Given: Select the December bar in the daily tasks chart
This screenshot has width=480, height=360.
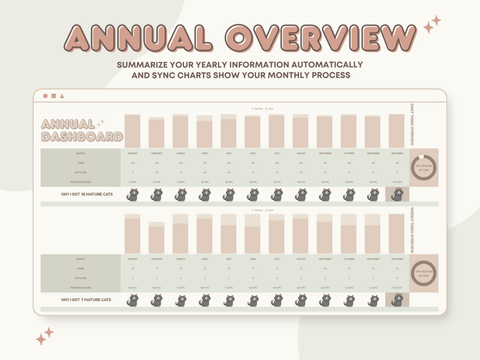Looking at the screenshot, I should pyautogui.click(x=396, y=131).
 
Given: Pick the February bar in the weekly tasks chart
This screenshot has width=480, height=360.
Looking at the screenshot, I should pyautogui.click(x=156, y=240).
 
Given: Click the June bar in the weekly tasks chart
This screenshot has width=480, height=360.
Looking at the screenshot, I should pyautogui.click(x=252, y=240).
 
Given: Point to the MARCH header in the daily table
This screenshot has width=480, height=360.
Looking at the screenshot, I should pyautogui.click(x=181, y=153).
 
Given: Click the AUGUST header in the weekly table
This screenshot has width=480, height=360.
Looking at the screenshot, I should pyautogui.click(x=301, y=259).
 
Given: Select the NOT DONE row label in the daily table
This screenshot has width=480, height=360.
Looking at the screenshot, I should pyautogui.click(x=81, y=172).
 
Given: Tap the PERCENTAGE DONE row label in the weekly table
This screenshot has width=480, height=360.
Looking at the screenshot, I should pyautogui.click(x=81, y=288).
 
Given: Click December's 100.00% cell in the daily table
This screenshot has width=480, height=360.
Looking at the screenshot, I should pyautogui.click(x=397, y=182).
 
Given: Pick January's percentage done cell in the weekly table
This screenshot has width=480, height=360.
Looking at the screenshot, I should pyautogui.click(x=132, y=288).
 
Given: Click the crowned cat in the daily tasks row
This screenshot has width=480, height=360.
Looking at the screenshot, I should pyautogui.click(x=397, y=194).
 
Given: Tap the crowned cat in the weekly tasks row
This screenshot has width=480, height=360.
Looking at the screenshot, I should pyautogui.click(x=397, y=300).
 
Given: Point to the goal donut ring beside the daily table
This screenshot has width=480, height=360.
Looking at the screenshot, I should pyautogui.click(x=424, y=168).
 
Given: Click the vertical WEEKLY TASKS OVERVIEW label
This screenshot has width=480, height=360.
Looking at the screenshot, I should pyautogui.click(x=412, y=230).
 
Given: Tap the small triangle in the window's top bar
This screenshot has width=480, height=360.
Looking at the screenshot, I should pyautogui.click(x=62, y=96).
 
